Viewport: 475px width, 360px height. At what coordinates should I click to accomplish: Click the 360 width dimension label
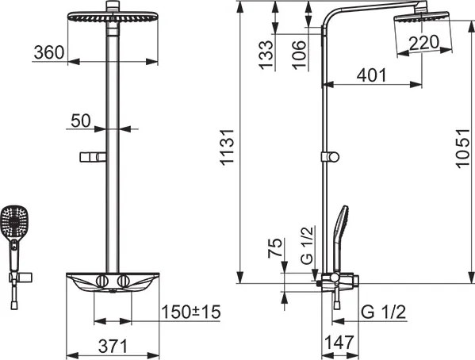click(x=49, y=52)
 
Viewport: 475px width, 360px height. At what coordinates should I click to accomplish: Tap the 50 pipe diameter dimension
click(x=81, y=121)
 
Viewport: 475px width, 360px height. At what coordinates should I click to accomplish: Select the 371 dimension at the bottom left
click(x=113, y=346)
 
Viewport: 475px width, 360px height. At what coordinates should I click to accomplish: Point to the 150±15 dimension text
click(x=191, y=312)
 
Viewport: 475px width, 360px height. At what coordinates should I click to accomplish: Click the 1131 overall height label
click(x=228, y=147)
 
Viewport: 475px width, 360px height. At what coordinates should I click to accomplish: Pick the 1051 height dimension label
click(x=462, y=148)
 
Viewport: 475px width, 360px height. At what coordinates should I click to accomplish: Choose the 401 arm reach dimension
click(x=371, y=75)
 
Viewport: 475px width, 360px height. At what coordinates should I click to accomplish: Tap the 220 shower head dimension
click(x=423, y=43)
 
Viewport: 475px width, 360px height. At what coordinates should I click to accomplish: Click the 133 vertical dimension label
click(x=266, y=55)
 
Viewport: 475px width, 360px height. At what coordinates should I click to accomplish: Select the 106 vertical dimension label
click(x=299, y=55)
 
